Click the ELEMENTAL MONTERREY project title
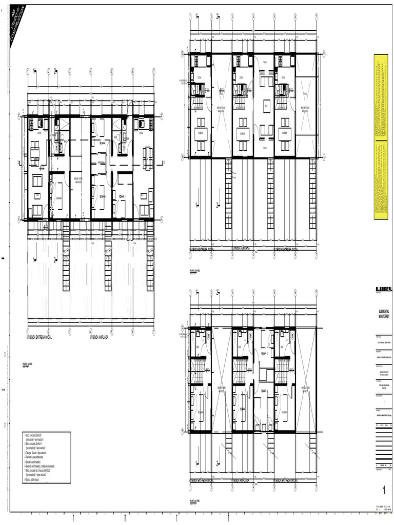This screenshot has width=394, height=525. [383, 314]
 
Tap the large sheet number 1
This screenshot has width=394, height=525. [383, 489]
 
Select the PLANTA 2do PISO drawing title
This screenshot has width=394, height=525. [195, 270]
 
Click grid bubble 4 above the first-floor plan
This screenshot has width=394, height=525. [90, 71]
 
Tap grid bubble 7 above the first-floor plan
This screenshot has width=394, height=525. [154, 71]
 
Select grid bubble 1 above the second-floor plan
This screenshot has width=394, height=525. [190, 16]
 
